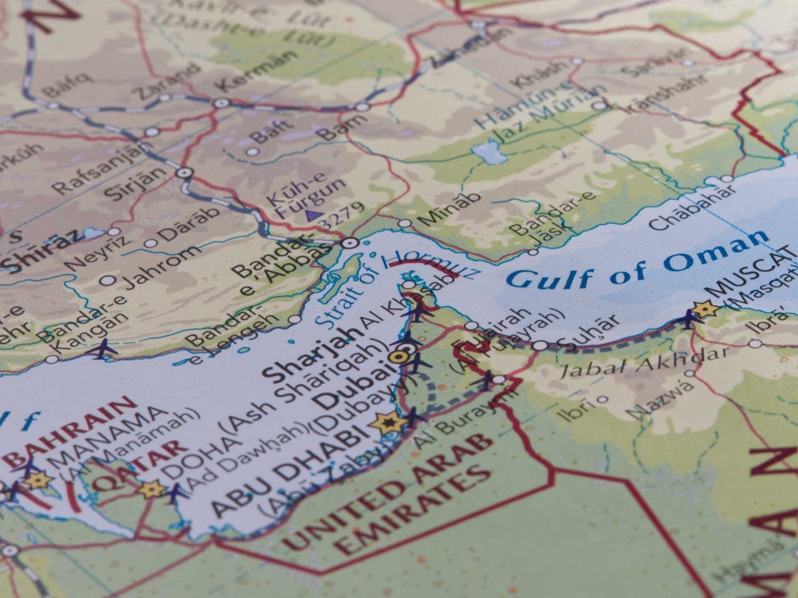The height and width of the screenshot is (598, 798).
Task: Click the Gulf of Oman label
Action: (x=637, y=260)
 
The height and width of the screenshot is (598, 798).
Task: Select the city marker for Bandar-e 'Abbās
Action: (x=349, y=243)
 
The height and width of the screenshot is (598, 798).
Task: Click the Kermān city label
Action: (x=256, y=72)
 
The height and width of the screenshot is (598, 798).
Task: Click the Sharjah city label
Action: (x=313, y=354)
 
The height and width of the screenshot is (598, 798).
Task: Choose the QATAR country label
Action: (x=139, y=465)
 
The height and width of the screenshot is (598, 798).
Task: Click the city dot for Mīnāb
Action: (x=405, y=223)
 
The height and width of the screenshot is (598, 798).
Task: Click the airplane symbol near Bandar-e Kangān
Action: (x=103, y=349)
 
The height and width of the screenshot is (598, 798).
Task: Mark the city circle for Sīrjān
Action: (x=184, y=172)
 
